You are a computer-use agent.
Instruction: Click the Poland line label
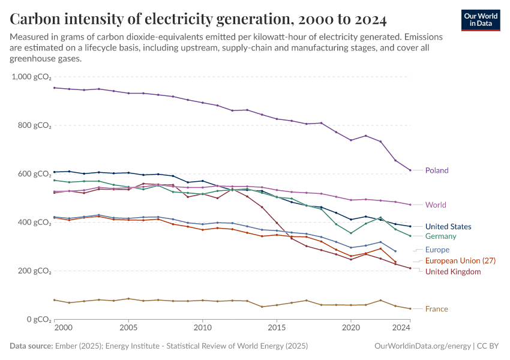tap(437, 170)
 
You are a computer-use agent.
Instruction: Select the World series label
tap(436, 205)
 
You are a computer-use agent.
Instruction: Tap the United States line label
tap(448, 227)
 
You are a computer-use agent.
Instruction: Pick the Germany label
tap(441, 236)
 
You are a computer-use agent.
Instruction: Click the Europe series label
tap(437, 250)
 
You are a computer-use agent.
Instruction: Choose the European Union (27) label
tap(461, 261)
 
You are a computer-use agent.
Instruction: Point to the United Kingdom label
tap(453, 272)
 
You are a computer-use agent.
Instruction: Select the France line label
tap(437, 309)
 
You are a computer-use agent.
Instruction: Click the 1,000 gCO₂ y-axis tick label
tap(32, 77)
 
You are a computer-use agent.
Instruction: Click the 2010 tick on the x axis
tap(203, 328)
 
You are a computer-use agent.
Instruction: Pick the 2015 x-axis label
tap(277, 328)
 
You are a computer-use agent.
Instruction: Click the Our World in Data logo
tap(481, 20)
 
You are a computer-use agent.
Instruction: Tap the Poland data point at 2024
tap(410, 170)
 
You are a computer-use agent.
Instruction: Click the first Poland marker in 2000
tap(55, 88)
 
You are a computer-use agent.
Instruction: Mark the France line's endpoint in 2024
tap(410, 308)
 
